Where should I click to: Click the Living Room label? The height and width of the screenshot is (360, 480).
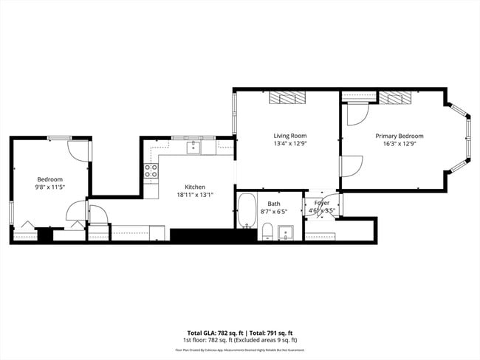point(289,136)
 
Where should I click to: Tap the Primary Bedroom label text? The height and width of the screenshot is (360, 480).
point(400,136)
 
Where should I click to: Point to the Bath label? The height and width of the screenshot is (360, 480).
point(274,204)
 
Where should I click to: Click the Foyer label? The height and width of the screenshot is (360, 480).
point(322,202)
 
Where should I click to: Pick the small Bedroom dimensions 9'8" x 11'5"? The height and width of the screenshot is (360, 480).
point(50,187)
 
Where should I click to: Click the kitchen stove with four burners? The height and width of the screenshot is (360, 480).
point(151,173)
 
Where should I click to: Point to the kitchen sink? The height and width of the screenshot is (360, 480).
point(193,148)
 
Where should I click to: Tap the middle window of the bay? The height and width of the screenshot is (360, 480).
point(466,139)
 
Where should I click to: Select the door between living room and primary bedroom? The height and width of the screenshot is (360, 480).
point(349,166)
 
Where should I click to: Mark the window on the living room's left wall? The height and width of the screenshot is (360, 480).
point(235,114)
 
